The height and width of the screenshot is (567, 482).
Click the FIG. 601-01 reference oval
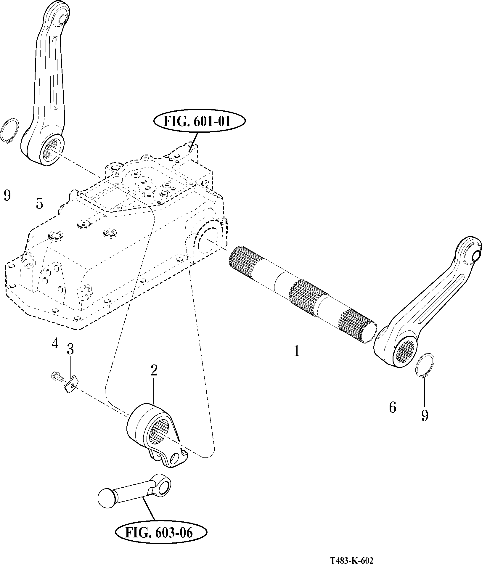tap(200, 121)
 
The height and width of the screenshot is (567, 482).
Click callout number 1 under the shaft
tap(296, 351)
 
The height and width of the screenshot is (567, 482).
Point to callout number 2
tap(154, 370)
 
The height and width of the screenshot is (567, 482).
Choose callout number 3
tap(70, 350)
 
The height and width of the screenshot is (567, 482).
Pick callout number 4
tap(55, 344)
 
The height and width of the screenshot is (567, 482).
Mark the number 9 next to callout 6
tap(425, 416)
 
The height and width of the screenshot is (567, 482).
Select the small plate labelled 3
tap(71, 384)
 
